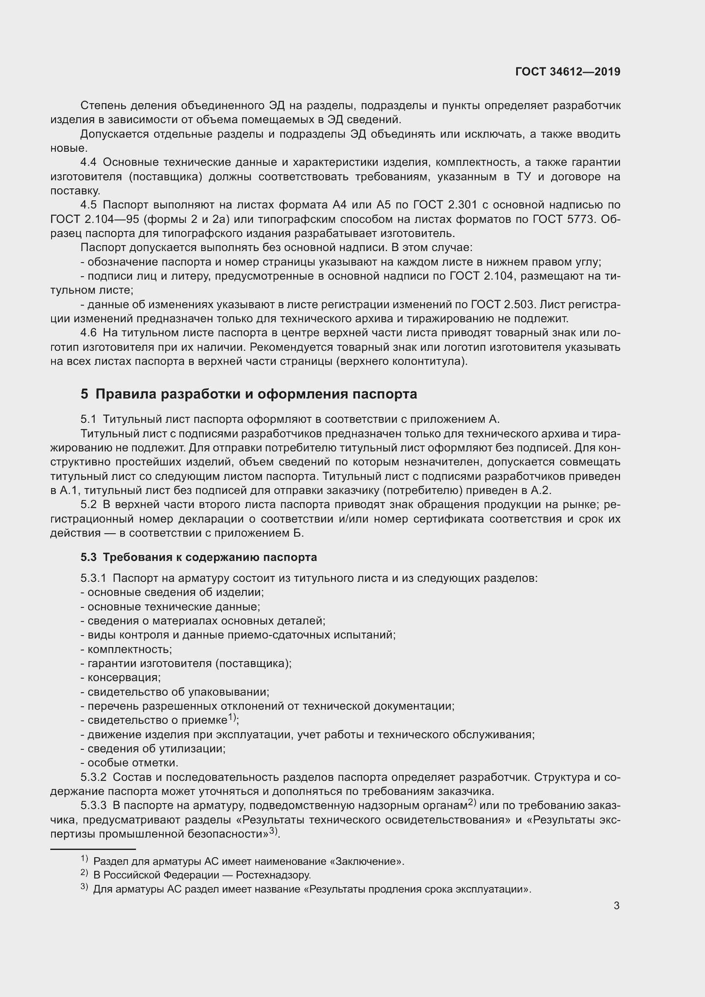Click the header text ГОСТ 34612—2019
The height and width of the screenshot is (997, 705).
click(x=567, y=72)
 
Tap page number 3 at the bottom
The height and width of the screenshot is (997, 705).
click(x=616, y=905)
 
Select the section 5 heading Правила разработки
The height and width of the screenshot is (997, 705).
click(x=249, y=394)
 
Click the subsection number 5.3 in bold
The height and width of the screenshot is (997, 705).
click(x=88, y=557)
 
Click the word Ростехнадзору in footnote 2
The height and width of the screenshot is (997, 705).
click(x=274, y=875)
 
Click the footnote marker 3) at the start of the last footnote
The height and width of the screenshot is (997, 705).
click(x=85, y=887)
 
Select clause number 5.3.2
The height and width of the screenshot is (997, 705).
click(x=93, y=777)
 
